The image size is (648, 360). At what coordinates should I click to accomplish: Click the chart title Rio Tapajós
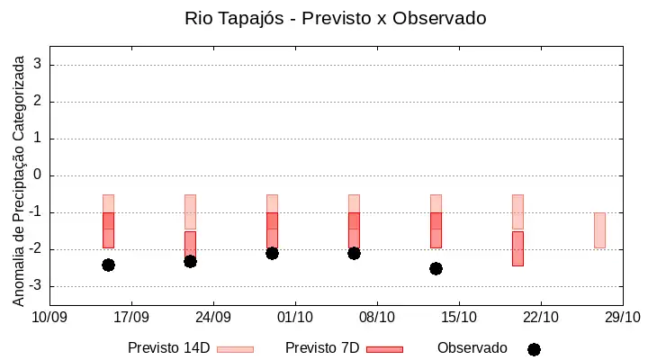pyautogui.click(x=234, y=19)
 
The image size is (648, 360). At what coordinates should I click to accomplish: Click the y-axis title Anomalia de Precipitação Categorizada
pyautogui.click(x=18, y=181)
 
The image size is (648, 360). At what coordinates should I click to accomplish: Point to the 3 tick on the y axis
pyautogui.click(x=38, y=64)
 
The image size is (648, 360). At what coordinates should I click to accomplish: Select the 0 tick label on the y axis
pyautogui.click(x=38, y=175)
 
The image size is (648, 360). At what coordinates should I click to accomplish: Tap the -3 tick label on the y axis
pyautogui.click(x=35, y=285)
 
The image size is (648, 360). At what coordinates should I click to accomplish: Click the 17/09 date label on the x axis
pyautogui.click(x=131, y=318)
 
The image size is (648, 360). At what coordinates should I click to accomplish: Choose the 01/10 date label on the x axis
pyautogui.click(x=295, y=318)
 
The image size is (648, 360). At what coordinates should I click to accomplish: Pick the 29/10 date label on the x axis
pyautogui.click(x=623, y=318)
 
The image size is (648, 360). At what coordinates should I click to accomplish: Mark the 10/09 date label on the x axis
pyautogui.click(x=49, y=318)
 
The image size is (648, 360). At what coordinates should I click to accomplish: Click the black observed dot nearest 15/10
pyautogui.click(x=436, y=269)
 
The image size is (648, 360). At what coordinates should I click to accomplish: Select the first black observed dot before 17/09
pyautogui.click(x=108, y=265)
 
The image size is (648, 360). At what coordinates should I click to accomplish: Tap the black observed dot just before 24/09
pyautogui.click(x=190, y=262)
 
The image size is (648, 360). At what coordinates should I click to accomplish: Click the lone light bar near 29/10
pyautogui.click(x=599, y=230)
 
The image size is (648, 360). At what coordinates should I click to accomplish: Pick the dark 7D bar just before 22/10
pyautogui.click(x=517, y=248)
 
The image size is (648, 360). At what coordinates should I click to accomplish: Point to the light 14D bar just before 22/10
pyautogui.click(x=517, y=211)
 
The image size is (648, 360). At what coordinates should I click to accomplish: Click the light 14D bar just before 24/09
pyautogui.click(x=190, y=211)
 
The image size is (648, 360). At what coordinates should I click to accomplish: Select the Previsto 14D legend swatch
pyautogui.click(x=235, y=349)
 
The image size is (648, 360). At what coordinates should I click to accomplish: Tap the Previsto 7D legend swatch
pyautogui.click(x=385, y=349)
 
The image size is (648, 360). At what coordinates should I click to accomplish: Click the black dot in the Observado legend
pyautogui.click(x=534, y=350)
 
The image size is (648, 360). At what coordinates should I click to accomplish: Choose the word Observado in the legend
pyautogui.click(x=472, y=348)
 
